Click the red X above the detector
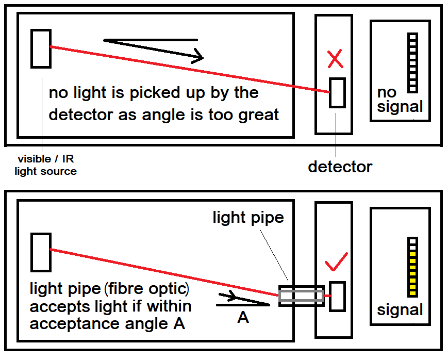pyautogui.click(x=335, y=60)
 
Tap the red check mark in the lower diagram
pyautogui.click(x=336, y=263)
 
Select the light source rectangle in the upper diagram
pyautogui.click(x=41, y=48)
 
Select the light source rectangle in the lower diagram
pyautogui.click(x=41, y=252)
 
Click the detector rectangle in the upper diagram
pyautogui.click(x=337, y=93)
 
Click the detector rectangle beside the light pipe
pyautogui.click(x=337, y=296)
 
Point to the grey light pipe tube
pyautogui.click(x=301, y=296)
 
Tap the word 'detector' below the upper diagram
pyautogui.click(x=340, y=167)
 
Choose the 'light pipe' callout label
pyautogui.click(x=248, y=217)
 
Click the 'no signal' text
pyautogui.click(x=399, y=100)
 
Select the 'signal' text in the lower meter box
pyautogui.click(x=400, y=310)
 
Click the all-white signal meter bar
pyautogui.click(x=412, y=63)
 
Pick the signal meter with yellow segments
pyautogui.click(x=412, y=267)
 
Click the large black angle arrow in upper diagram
pyautogui.click(x=155, y=48)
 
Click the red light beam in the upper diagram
pyautogui.click(x=191, y=70)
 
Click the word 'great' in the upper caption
pyautogui.click(x=258, y=114)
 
